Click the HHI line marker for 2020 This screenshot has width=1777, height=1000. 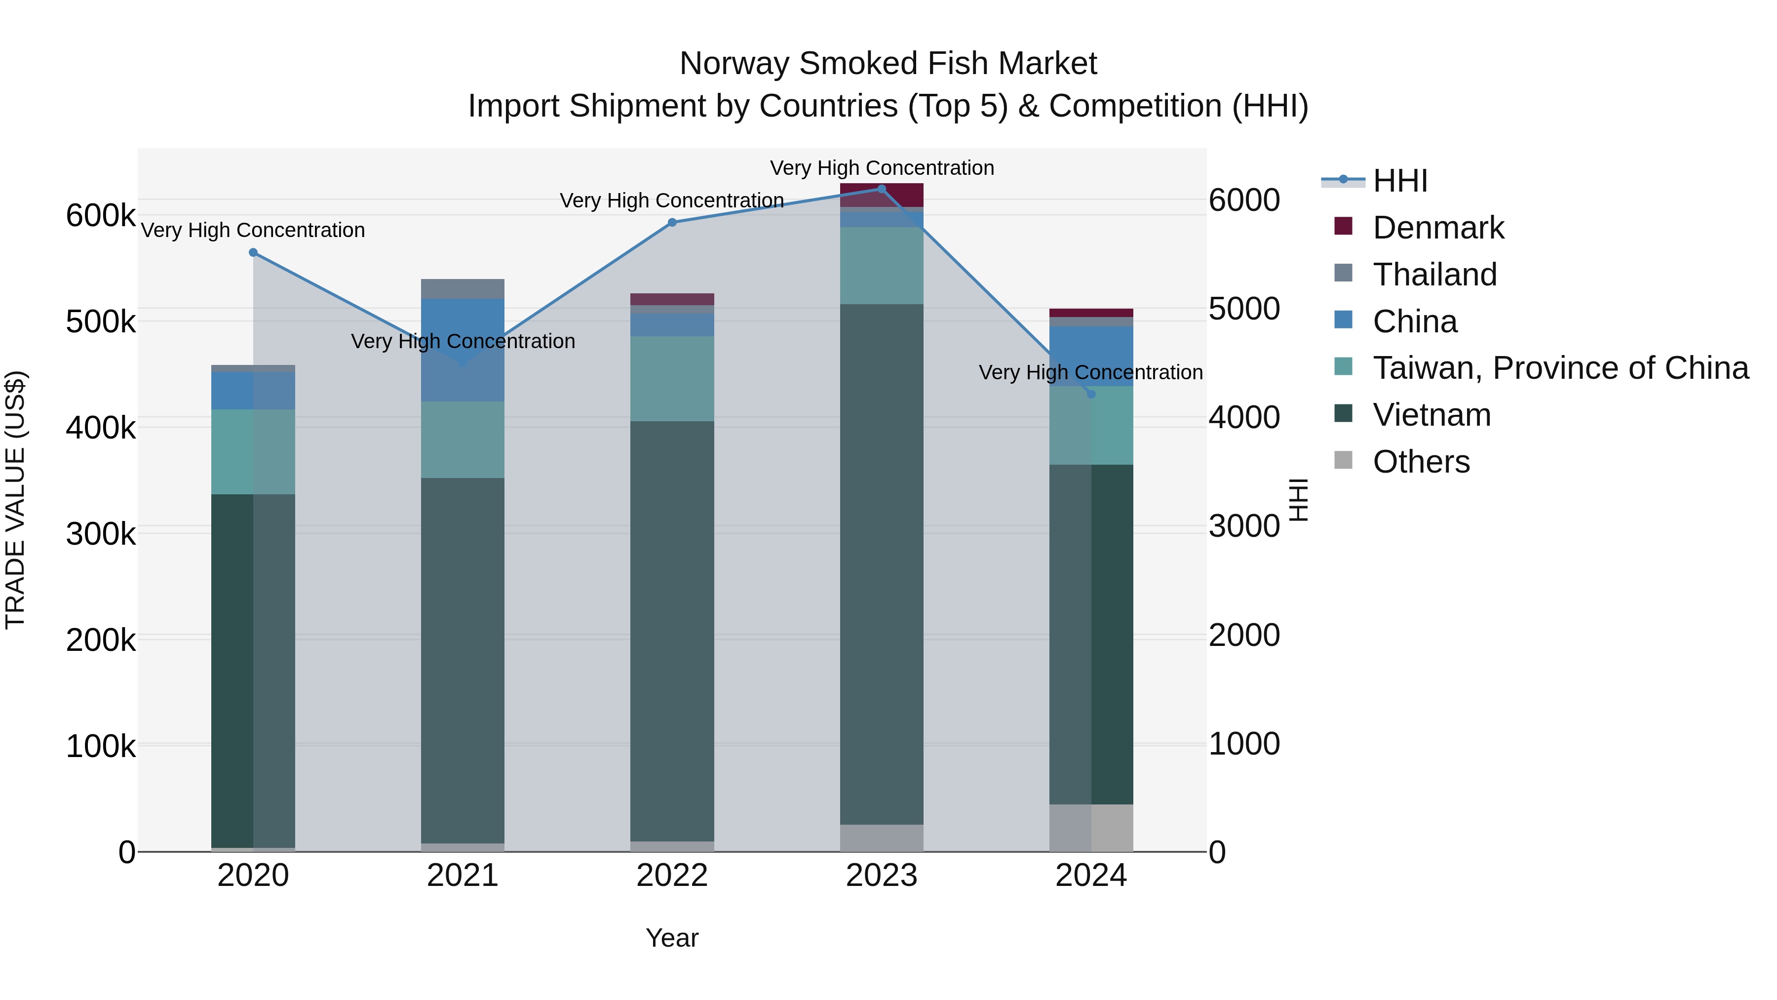253,252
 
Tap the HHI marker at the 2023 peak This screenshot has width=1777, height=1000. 882,189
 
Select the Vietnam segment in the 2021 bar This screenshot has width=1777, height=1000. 462,660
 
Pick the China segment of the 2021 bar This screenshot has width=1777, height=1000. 462,350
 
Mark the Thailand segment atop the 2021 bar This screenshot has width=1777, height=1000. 462,288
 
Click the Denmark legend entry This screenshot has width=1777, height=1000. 1438,228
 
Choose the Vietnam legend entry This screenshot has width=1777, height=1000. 1431,415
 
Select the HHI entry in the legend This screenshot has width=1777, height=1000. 1400,181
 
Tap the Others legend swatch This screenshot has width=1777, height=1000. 1343,460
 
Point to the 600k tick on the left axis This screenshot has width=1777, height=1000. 101,215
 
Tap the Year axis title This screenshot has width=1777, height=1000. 672,938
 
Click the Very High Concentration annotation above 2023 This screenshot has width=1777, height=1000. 882,168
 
